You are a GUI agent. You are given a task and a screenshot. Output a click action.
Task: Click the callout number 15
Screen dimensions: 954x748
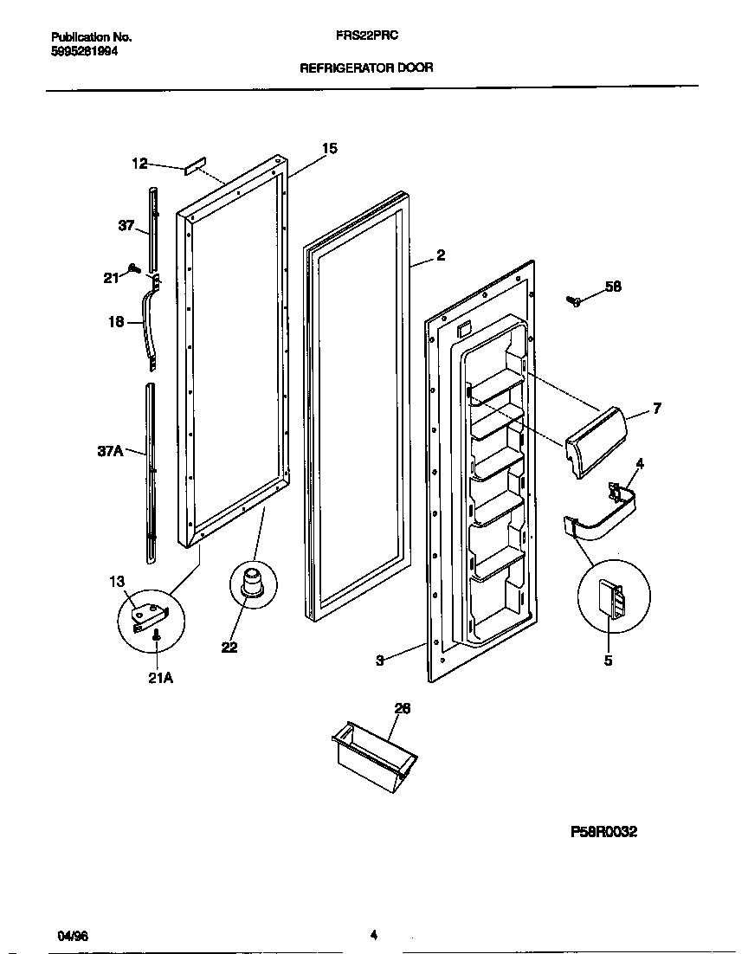pos(329,149)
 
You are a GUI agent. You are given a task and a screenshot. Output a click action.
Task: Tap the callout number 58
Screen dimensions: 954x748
pos(613,287)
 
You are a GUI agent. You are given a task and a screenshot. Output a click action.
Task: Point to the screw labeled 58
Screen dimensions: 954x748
pos(574,300)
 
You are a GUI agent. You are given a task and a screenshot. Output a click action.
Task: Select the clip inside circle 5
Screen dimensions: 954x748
pos(613,597)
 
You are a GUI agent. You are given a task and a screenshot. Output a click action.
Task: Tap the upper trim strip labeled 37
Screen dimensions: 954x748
pos(154,229)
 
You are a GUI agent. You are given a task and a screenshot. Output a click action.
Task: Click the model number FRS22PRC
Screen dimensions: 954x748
pos(366,37)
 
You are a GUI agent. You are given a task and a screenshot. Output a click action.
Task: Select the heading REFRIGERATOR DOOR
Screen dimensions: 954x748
pos(366,67)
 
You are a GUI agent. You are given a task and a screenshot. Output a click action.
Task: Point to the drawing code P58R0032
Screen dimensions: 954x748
pos(603,832)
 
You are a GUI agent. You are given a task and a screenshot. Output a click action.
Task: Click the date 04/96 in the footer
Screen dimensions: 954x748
pos(72,937)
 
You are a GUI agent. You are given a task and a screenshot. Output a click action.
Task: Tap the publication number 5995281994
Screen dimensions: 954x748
pos(85,51)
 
